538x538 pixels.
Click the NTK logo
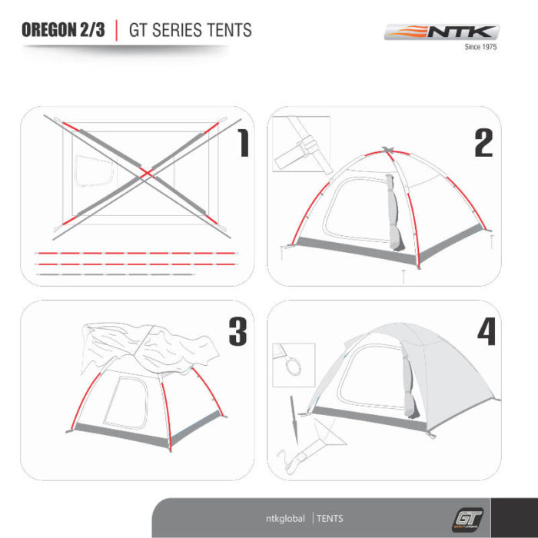click(442, 32)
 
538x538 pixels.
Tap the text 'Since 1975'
click(480, 47)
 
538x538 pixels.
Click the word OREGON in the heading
click(49, 30)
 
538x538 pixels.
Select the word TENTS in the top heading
click(230, 30)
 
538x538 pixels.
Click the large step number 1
click(243, 143)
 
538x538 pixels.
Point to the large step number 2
click(483, 143)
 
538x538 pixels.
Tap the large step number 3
click(237, 331)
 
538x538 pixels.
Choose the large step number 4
click(487, 331)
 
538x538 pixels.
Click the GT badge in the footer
click(467, 520)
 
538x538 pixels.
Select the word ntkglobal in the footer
click(285, 519)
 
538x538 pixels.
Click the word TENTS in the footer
click(330, 519)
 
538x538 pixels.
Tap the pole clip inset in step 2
click(301, 144)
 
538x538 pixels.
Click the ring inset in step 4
click(294, 365)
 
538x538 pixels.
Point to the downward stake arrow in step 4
click(294, 420)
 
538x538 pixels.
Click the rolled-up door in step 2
click(395, 213)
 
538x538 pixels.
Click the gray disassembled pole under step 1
click(115, 274)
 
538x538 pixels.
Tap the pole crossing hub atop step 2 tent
click(387, 150)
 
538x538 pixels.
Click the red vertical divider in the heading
click(117, 30)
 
